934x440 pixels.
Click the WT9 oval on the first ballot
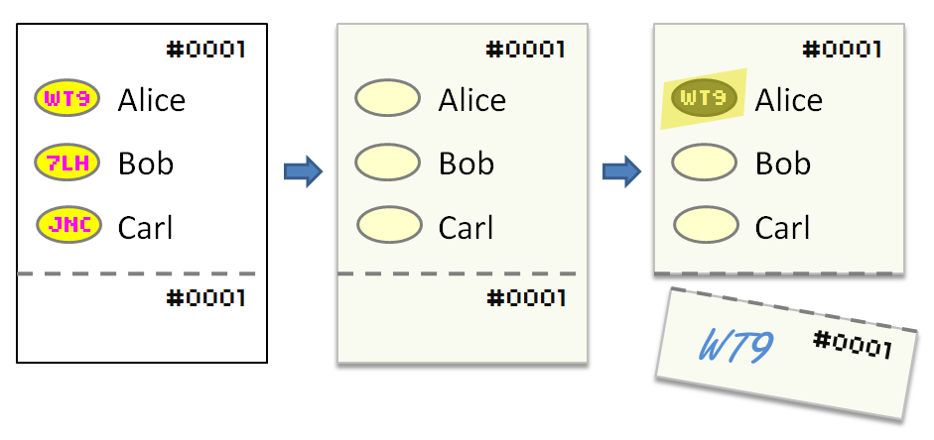[x=67, y=99]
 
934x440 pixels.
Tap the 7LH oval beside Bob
[x=67, y=163]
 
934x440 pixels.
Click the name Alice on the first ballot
[x=151, y=100]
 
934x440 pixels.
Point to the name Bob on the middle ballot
[x=466, y=164]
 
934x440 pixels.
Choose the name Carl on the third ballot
[x=782, y=228]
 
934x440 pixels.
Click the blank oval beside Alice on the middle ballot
[x=387, y=99]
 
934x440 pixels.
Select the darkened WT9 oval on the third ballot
[x=704, y=98]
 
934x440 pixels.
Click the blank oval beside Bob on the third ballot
[x=704, y=163]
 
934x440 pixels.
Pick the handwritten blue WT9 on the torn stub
[x=735, y=345]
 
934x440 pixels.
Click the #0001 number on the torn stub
[x=852, y=345]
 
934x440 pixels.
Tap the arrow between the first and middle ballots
[x=303, y=171]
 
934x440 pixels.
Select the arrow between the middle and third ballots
[x=621, y=171]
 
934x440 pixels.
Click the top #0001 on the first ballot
[x=204, y=49]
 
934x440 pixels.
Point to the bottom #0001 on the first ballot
[x=204, y=297]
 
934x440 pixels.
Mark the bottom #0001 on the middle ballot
[x=525, y=297]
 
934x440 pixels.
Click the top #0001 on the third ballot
[x=842, y=49]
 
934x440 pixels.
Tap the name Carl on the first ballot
[x=145, y=228]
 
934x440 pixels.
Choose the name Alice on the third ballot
[x=788, y=100]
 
